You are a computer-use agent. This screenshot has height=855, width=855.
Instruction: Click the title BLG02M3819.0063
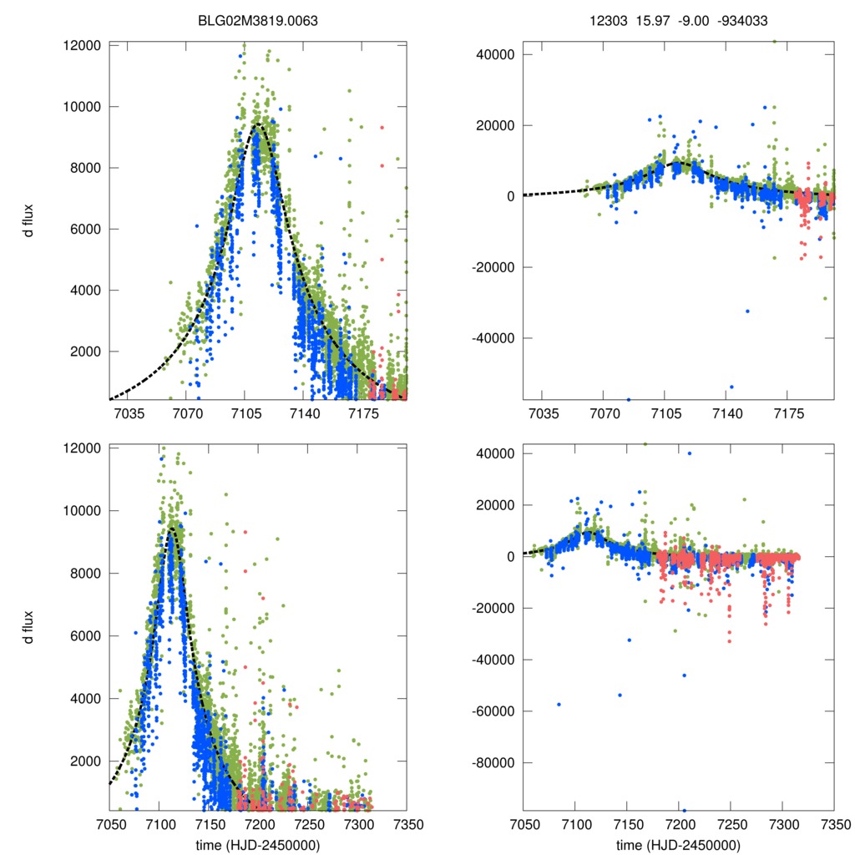coord(257,13)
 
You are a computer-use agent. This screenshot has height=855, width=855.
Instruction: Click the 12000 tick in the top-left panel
coord(81,45)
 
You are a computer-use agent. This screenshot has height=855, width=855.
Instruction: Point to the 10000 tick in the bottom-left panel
coord(81,511)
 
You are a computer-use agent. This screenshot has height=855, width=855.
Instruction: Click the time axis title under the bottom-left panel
coord(257,844)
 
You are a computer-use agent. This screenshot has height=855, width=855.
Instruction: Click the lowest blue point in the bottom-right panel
coord(685,811)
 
